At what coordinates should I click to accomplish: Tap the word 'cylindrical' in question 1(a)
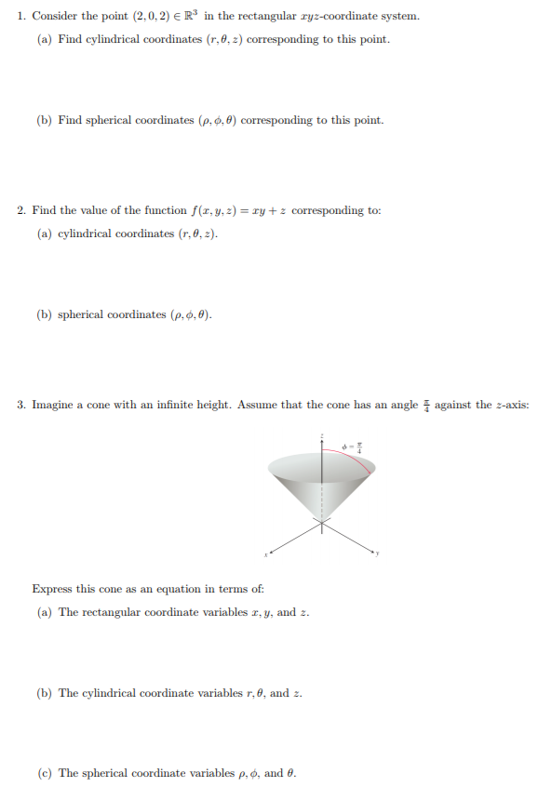point(116,39)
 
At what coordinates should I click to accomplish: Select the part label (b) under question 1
point(44,120)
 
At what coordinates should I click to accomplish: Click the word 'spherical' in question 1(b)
point(115,120)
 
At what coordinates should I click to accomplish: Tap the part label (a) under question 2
point(44,233)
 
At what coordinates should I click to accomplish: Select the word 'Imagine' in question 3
point(52,405)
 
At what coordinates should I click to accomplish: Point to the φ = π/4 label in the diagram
point(352,445)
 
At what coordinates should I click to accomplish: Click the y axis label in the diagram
point(378,555)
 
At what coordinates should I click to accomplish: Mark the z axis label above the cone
point(322,435)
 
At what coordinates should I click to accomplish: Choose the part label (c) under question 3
point(44,773)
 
